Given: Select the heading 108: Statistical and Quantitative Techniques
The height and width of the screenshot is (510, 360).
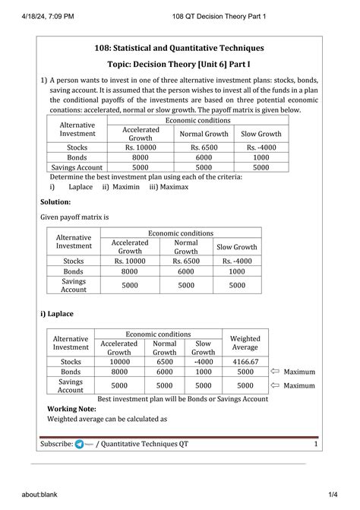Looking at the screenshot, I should point(179,49).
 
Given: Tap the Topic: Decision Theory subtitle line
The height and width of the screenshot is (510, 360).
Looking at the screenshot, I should point(179,65).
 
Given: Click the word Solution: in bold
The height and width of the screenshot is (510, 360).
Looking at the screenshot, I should point(55,202).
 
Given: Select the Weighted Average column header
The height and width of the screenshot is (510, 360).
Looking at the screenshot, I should point(245,343).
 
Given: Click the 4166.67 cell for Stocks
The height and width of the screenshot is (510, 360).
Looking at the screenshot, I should point(245,362).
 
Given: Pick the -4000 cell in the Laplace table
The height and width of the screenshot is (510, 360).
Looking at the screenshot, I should point(203,362).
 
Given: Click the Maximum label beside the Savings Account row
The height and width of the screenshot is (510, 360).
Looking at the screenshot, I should point(298,385).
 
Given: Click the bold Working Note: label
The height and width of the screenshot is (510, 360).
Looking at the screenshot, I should point(76,408).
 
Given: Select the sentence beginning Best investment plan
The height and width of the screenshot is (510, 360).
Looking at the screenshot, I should point(183,398).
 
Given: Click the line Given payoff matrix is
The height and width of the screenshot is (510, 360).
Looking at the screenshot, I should point(74,217).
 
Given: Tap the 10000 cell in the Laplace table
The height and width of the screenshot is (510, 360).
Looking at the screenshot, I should point(119,362).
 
